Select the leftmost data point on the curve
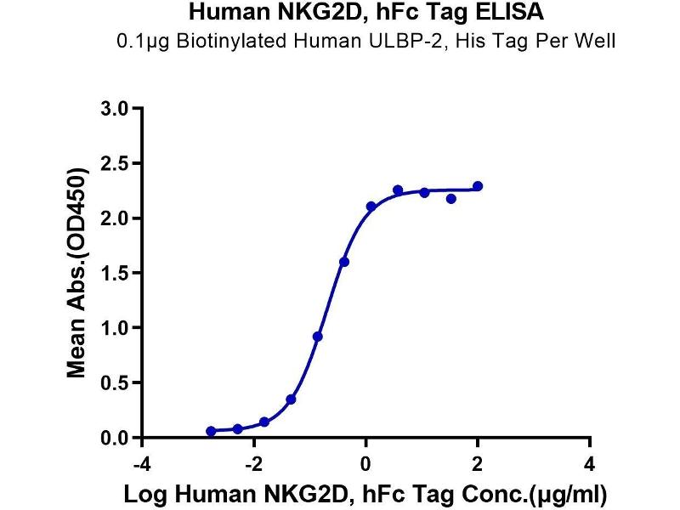(211, 431)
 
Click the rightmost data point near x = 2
(478, 186)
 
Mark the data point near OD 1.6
(343, 262)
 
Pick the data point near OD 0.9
(317, 337)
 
